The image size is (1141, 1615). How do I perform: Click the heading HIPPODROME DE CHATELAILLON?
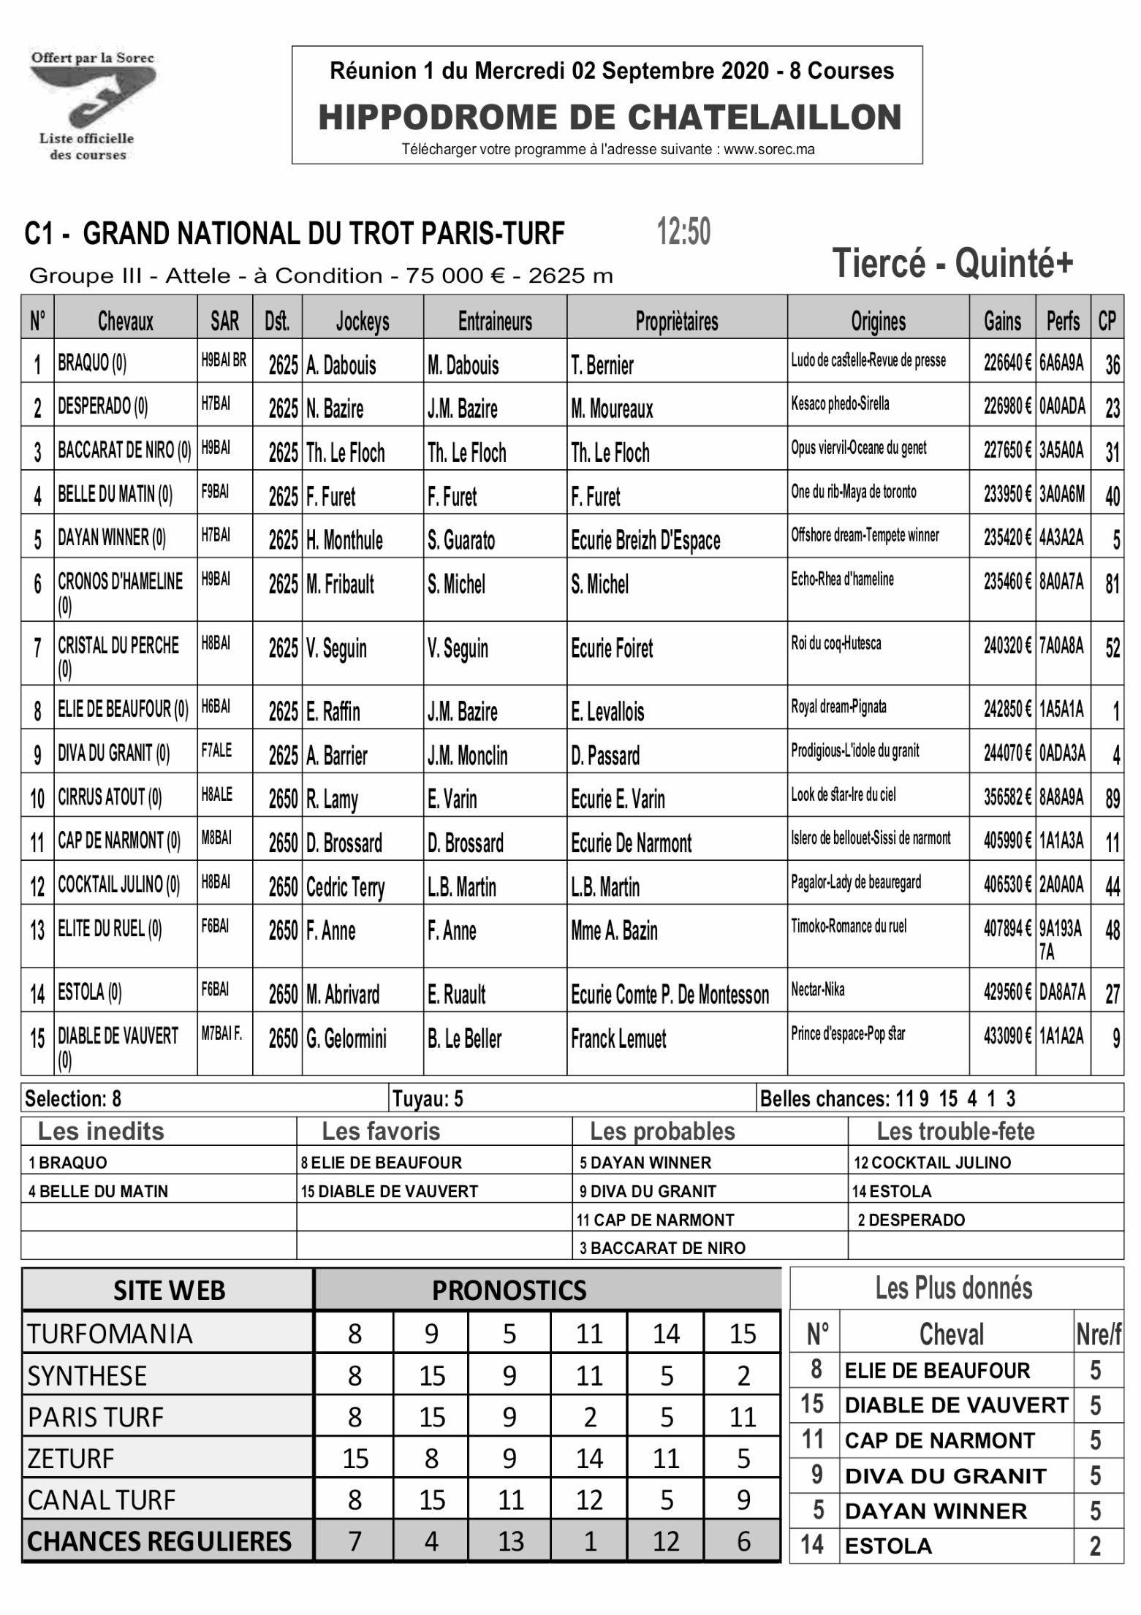[610, 118]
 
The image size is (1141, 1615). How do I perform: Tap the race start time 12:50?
[683, 232]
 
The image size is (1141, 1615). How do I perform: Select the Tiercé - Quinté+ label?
[952, 262]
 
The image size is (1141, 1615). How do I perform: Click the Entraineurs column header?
[495, 321]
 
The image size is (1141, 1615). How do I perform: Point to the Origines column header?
[878, 321]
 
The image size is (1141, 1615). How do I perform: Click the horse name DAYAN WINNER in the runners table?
[112, 539]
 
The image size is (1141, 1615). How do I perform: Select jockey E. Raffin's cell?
[333, 711]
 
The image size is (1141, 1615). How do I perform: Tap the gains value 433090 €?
[1007, 1035]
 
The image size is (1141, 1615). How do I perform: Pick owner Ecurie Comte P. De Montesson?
[670, 995]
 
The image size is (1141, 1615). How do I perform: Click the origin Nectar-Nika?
[817, 990]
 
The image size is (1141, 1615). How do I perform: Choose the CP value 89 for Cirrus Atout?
[1112, 799]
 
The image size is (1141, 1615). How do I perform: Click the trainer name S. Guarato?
[461, 541]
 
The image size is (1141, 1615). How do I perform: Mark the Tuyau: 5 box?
[428, 1098]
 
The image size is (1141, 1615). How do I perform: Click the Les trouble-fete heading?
[955, 1131]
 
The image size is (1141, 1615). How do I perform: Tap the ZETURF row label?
[71, 1459]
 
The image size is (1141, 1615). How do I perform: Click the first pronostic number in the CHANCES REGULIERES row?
[354, 1541]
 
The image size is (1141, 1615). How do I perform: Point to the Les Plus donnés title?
[954, 1288]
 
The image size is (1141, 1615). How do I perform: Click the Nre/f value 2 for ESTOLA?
[1094, 1546]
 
